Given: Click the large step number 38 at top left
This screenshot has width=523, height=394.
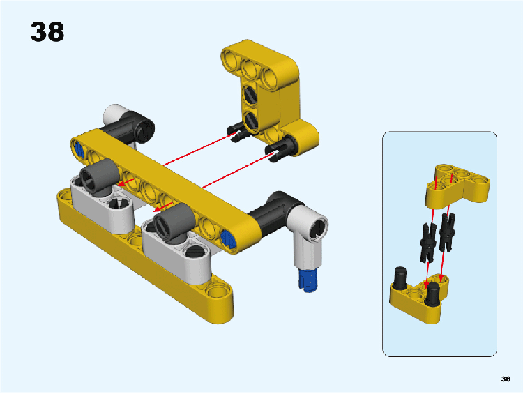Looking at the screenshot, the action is pos(47,32).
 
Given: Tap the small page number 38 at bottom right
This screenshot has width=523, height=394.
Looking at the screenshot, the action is pos(506,379).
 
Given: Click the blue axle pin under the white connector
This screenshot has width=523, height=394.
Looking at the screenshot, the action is pos(308,280).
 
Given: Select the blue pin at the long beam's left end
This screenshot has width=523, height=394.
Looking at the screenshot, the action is pos(79,149).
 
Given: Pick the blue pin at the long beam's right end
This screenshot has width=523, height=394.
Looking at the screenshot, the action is pos(229,238).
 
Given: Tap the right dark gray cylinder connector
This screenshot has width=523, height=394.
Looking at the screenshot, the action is pos(174,222).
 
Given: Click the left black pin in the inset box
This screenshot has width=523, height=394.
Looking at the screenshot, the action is pos(429,242).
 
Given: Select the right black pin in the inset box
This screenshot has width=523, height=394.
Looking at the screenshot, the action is pos(447,232).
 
